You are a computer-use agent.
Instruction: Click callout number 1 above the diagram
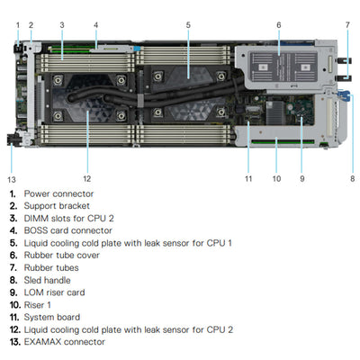[17, 24]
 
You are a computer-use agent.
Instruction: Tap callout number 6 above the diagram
[278, 24]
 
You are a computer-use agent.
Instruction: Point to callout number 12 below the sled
[86, 178]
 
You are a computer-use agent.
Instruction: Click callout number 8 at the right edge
[351, 178]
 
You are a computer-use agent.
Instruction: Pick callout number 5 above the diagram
[188, 24]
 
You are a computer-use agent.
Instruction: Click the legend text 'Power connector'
[58, 193]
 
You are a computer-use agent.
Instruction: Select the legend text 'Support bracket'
[58, 206]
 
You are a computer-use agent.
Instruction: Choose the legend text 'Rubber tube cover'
[61, 255]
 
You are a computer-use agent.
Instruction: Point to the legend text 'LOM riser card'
[54, 292]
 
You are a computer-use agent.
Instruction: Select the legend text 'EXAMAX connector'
[64, 342]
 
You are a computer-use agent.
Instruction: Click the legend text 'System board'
[52, 317]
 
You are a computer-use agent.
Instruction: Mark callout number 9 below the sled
[301, 178]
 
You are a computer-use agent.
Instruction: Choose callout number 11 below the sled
[248, 178]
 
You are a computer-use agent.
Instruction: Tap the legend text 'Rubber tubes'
[50, 267]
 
